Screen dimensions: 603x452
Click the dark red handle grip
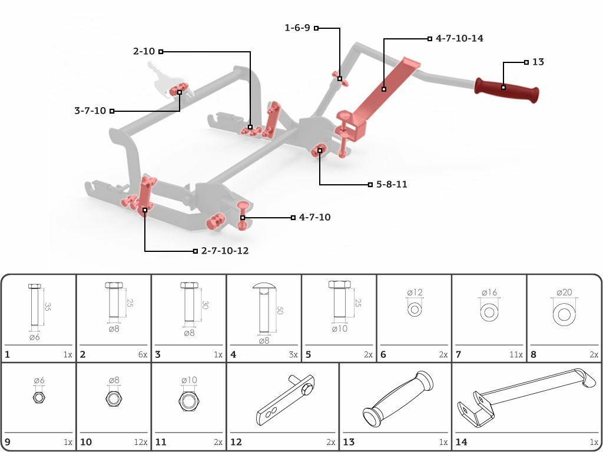[507, 90]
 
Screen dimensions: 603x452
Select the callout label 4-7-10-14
[459, 38]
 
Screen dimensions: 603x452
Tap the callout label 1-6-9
[297, 28]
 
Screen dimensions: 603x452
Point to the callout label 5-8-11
[392, 184]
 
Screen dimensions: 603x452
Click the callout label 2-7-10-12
[225, 251]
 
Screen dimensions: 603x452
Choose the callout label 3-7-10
[90, 111]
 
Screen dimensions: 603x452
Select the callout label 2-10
[144, 51]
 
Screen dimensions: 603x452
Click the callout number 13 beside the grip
[538, 62]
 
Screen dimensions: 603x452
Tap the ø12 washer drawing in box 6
[414, 310]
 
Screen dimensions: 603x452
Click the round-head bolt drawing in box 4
[264, 308]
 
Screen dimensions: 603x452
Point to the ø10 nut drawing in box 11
[189, 401]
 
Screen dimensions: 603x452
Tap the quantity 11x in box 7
[516, 355]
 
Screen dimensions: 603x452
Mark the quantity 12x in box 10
[140, 443]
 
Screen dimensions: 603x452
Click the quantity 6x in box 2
[143, 355]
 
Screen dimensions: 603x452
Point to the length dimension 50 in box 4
[280, 310]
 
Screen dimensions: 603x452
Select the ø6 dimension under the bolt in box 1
[35, 337]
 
